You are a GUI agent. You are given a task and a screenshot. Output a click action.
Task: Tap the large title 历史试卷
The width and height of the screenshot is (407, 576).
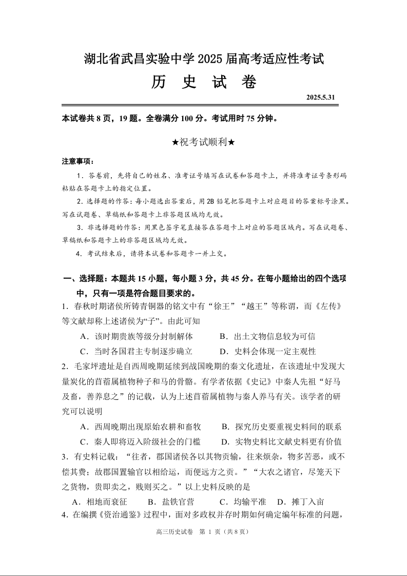click(204, 82)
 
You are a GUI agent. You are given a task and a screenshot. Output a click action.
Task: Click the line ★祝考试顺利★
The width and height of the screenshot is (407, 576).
click(204, 142)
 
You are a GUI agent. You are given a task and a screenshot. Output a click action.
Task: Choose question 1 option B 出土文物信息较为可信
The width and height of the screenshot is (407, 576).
click(267, 337)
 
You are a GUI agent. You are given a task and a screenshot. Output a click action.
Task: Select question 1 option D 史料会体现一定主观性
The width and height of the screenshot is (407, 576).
click(267, 352)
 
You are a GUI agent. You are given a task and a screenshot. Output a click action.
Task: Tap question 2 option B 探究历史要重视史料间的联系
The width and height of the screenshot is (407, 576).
click(281, 427)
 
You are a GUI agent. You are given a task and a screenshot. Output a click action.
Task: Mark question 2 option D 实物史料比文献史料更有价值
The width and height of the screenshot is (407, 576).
click(281, 442)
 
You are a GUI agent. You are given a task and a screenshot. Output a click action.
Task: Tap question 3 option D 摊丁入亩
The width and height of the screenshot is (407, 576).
click(300, 502)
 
